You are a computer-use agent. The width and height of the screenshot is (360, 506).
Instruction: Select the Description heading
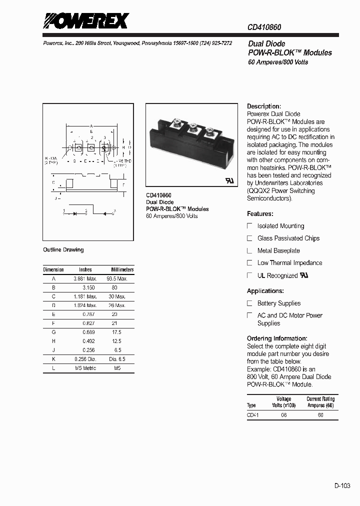point(264,106)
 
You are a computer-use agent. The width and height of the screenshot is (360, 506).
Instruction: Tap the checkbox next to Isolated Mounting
point(250,226)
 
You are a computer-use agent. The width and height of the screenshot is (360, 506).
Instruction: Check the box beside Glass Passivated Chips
point(250,238)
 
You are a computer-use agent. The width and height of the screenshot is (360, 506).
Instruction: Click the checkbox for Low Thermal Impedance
point(250,263)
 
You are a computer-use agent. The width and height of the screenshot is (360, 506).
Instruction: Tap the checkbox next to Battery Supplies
point(250,303)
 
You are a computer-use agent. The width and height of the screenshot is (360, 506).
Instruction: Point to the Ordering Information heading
point(277,338)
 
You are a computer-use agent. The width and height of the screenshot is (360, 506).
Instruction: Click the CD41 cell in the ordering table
point(252,414)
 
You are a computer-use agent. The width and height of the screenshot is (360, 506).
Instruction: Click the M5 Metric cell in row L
point(85,368)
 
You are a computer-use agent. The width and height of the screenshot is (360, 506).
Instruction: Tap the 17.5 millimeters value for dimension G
point(116,332)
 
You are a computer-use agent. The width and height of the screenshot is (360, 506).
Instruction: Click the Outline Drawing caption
point(63,249)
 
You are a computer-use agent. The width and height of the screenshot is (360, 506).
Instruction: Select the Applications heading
point(265,291)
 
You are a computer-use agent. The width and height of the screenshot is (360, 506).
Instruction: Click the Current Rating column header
point(320,402)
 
